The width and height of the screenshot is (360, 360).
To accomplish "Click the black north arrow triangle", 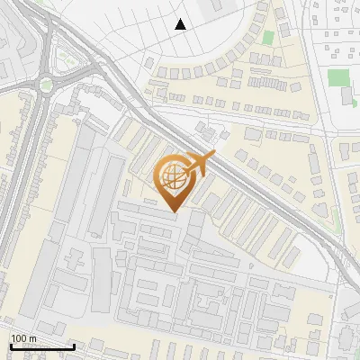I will click(181, 24).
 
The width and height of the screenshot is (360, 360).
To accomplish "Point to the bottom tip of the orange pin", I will click(173, 212).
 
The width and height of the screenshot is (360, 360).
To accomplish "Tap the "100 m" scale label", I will click(23, 338).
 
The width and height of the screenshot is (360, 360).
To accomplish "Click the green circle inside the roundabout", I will click(46, 85).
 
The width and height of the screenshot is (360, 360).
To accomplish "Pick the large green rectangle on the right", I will click(338, 77).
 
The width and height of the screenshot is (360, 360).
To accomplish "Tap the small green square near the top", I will click(267, 38).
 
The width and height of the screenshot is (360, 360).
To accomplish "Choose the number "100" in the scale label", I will click(19, 338).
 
